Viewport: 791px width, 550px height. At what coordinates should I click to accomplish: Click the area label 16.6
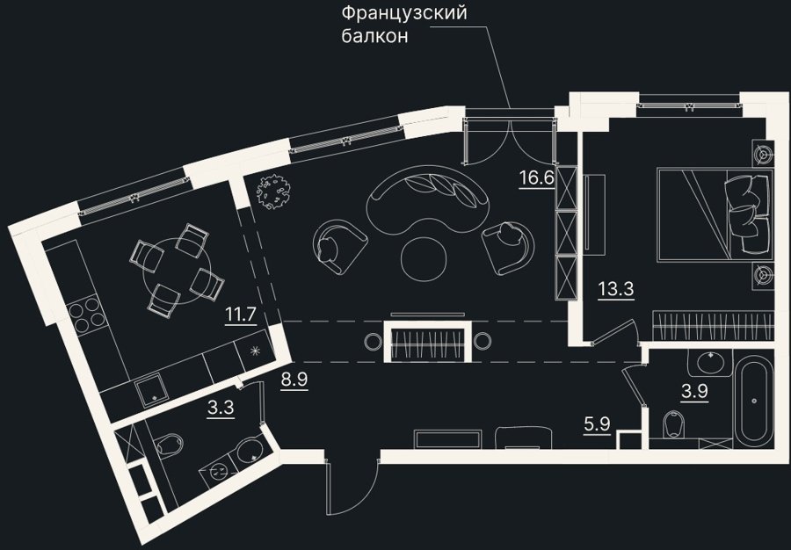coord(537,178)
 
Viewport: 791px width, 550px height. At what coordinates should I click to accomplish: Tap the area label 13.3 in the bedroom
coord(615,289)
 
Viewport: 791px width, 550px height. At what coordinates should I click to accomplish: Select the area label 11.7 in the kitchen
coord(241,315)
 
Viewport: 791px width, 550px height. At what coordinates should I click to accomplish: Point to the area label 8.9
coord(294,379)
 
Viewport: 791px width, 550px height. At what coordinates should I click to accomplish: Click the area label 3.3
coord(221,407)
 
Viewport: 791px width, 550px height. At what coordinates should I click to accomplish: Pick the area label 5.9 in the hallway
coord(598,425)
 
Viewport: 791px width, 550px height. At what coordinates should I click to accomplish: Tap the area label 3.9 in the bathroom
coord(694,392)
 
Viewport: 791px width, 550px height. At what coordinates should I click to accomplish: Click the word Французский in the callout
coord(404,12)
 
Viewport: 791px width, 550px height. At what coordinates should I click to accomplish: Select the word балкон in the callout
coord(374,36)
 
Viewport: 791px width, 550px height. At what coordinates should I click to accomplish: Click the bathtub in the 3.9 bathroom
coord(754,401)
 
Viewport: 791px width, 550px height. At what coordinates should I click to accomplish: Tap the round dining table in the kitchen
coord(175,271)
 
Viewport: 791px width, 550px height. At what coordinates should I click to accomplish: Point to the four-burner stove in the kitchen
coord(86,314)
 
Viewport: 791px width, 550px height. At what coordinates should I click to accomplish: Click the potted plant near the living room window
coord(273,191)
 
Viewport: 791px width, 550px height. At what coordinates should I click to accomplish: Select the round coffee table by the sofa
coord(423,257)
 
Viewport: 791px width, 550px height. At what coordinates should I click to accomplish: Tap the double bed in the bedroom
coord(715,215)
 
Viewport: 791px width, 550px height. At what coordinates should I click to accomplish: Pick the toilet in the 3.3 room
coord(168,445)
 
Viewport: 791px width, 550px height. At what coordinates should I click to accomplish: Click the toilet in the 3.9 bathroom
coord(673,424)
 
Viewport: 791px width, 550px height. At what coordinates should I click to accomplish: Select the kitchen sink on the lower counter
coord(152,390)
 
